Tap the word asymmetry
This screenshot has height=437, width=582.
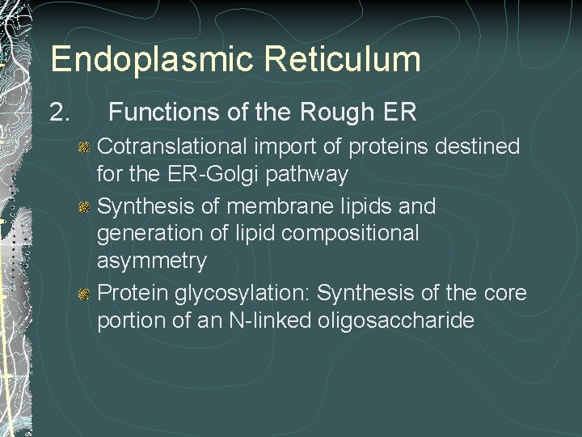coord(152,262)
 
